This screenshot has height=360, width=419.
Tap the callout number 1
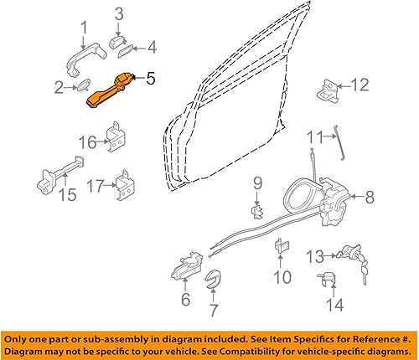(x=84, y=33)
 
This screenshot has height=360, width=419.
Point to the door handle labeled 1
(x=84, y=60)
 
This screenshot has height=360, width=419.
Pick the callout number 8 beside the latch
(x=370, y=198)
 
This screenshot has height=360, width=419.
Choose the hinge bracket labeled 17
(x=125, y=185)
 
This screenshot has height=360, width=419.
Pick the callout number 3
(x=119, y=13)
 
